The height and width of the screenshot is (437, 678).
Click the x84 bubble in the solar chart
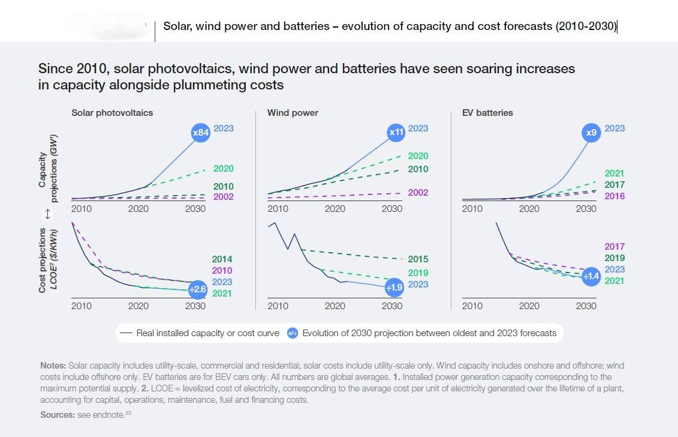click(x=200, y=133)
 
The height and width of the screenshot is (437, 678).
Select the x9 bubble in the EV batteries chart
click(x=591, y=133)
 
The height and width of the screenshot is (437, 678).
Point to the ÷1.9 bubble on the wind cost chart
click(x=394, y=288)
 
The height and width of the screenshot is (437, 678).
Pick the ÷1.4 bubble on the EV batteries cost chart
click(x=590, y=276)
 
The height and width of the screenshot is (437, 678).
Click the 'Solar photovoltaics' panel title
click(x=112, y=113)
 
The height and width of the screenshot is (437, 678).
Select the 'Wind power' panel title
click(x=293, y=113)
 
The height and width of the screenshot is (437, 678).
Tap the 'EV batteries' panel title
click(x=487, y=113)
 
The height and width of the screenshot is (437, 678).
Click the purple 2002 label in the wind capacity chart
click(x=418, y=193)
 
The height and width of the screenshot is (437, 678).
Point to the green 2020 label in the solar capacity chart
click(x=224, y=169)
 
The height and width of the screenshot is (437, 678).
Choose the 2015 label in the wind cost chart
click(x=418, y=259)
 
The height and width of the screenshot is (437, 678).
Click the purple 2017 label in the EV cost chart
click(x=614, y=247)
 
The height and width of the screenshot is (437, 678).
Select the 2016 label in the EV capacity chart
click(x=614, y=196)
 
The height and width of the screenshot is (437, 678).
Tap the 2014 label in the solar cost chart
click(x=222, y=259)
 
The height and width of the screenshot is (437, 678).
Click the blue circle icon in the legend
click(x=293, y=333)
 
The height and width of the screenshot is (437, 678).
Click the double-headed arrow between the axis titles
click(x=47, y=214)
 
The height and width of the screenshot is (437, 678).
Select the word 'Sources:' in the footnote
click(x=58, y=415)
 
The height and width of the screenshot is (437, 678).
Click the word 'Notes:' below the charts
click(x=53, y=365)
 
